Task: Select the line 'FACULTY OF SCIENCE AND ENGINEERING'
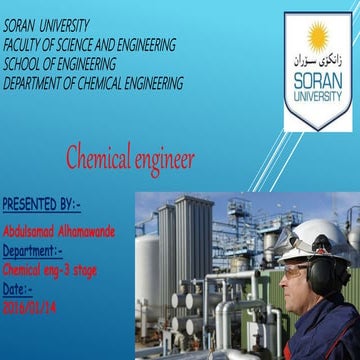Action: pos(90,44)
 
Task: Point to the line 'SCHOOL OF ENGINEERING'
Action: pos(59,63)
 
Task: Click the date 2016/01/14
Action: pos(30,307)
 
